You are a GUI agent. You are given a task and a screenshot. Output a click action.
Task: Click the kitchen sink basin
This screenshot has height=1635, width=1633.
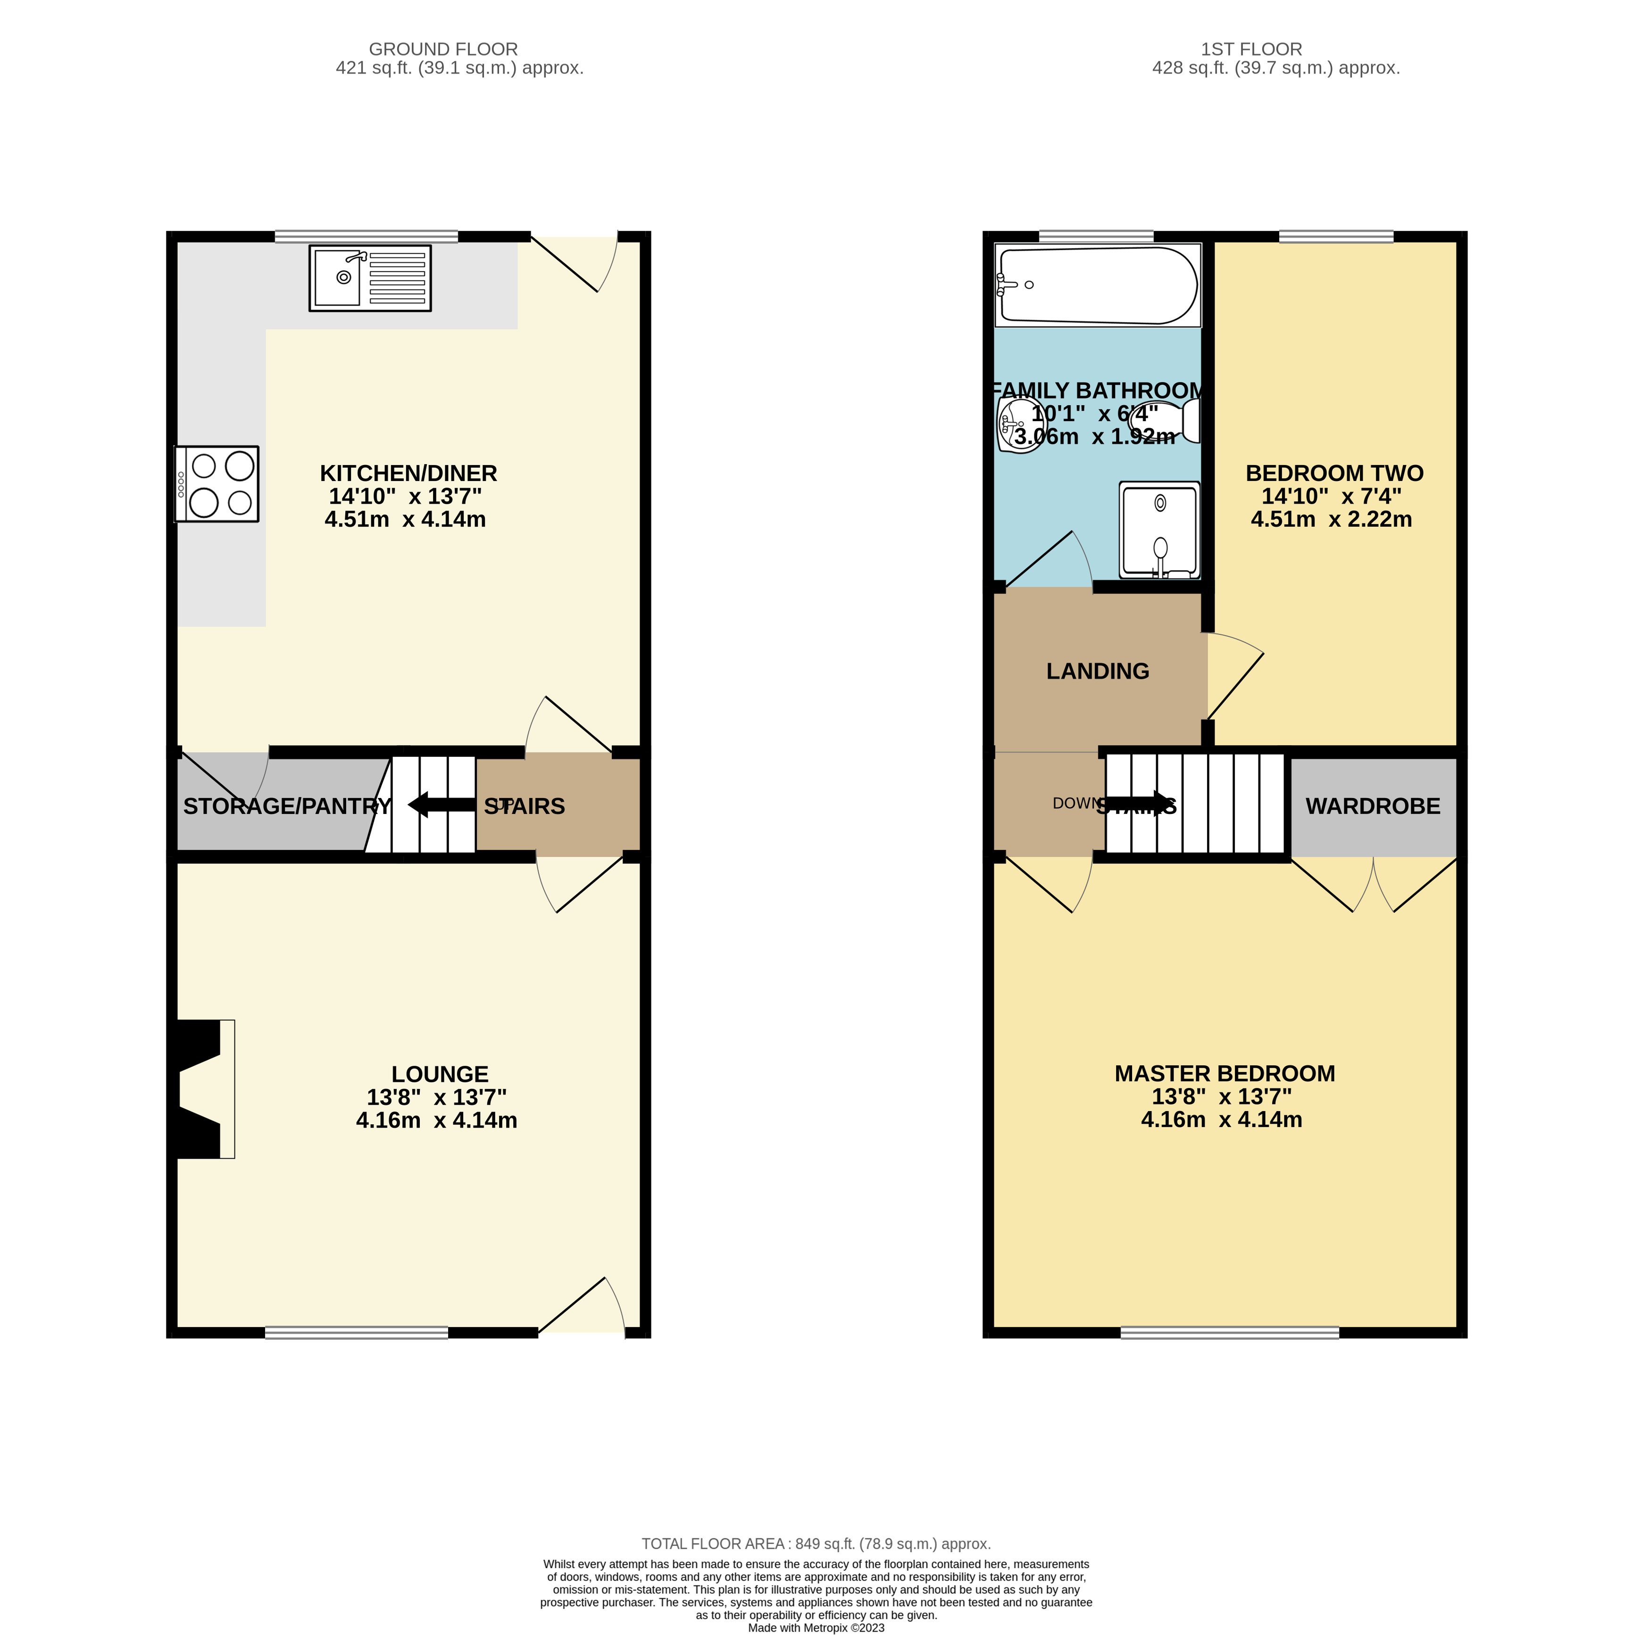tap(338, 278)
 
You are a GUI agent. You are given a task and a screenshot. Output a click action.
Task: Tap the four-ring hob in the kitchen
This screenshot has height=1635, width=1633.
tap(217, 484)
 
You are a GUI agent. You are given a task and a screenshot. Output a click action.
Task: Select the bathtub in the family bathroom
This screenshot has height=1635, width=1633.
tap(1098, 285)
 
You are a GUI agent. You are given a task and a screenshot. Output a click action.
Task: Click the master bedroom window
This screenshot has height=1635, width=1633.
tap(1229, 1333)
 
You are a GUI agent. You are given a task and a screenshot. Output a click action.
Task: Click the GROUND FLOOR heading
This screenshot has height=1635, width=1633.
tap(443, 49)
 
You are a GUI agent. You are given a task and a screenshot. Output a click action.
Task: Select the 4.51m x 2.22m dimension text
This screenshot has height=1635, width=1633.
tap(1331, 520)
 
